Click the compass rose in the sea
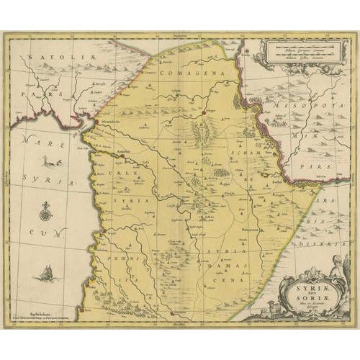[45, 213]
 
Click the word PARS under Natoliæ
[35, 94]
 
